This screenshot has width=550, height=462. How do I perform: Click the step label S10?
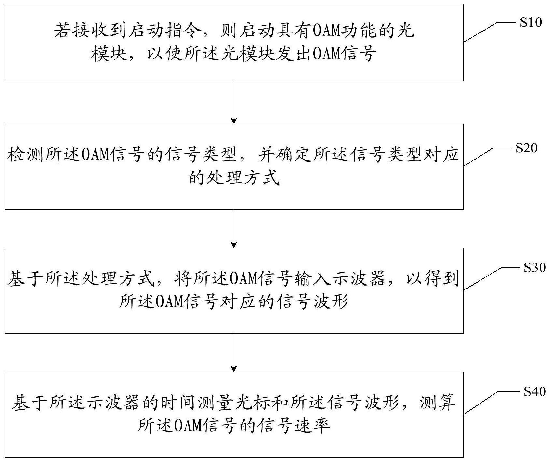pyautogui.click(x=530, y=22)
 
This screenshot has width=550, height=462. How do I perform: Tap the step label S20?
pyautogui.click(x=526, y=148)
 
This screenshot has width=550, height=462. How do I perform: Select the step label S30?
pyautogui.click(x=534, y=267)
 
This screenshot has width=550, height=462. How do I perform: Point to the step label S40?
pyautogui.click(x=534, y=391)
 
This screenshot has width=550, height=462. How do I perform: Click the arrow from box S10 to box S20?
pyautogui.click(x=234, y=102)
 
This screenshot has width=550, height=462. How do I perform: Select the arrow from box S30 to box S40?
pyautogui.click(x=234, y=353)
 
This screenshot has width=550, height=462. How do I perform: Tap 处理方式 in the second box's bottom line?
pyautogui.click(x=243, y=178)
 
